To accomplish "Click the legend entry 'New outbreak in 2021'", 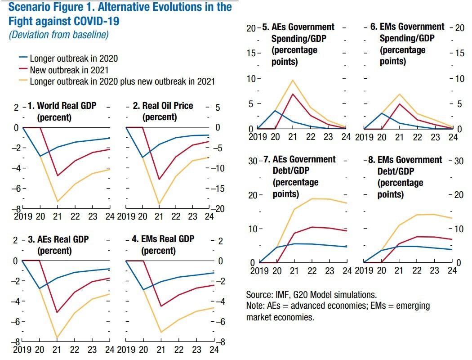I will click(x=69, y=70).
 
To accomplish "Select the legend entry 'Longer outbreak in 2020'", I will click(x=74, y=58).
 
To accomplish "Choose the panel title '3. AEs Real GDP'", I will click(x=58, y=239).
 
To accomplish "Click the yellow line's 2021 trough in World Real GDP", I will click(x=58, y=201).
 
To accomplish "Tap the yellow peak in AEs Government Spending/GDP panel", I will click(x=293, y=80).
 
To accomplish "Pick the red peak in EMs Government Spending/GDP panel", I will click(x=399, y=104).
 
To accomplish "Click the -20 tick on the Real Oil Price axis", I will click(x=219, y=209).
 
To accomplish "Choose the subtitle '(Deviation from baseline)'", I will click(x=59, y=35).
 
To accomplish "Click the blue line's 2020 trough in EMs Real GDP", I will click(x=144, y=290).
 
